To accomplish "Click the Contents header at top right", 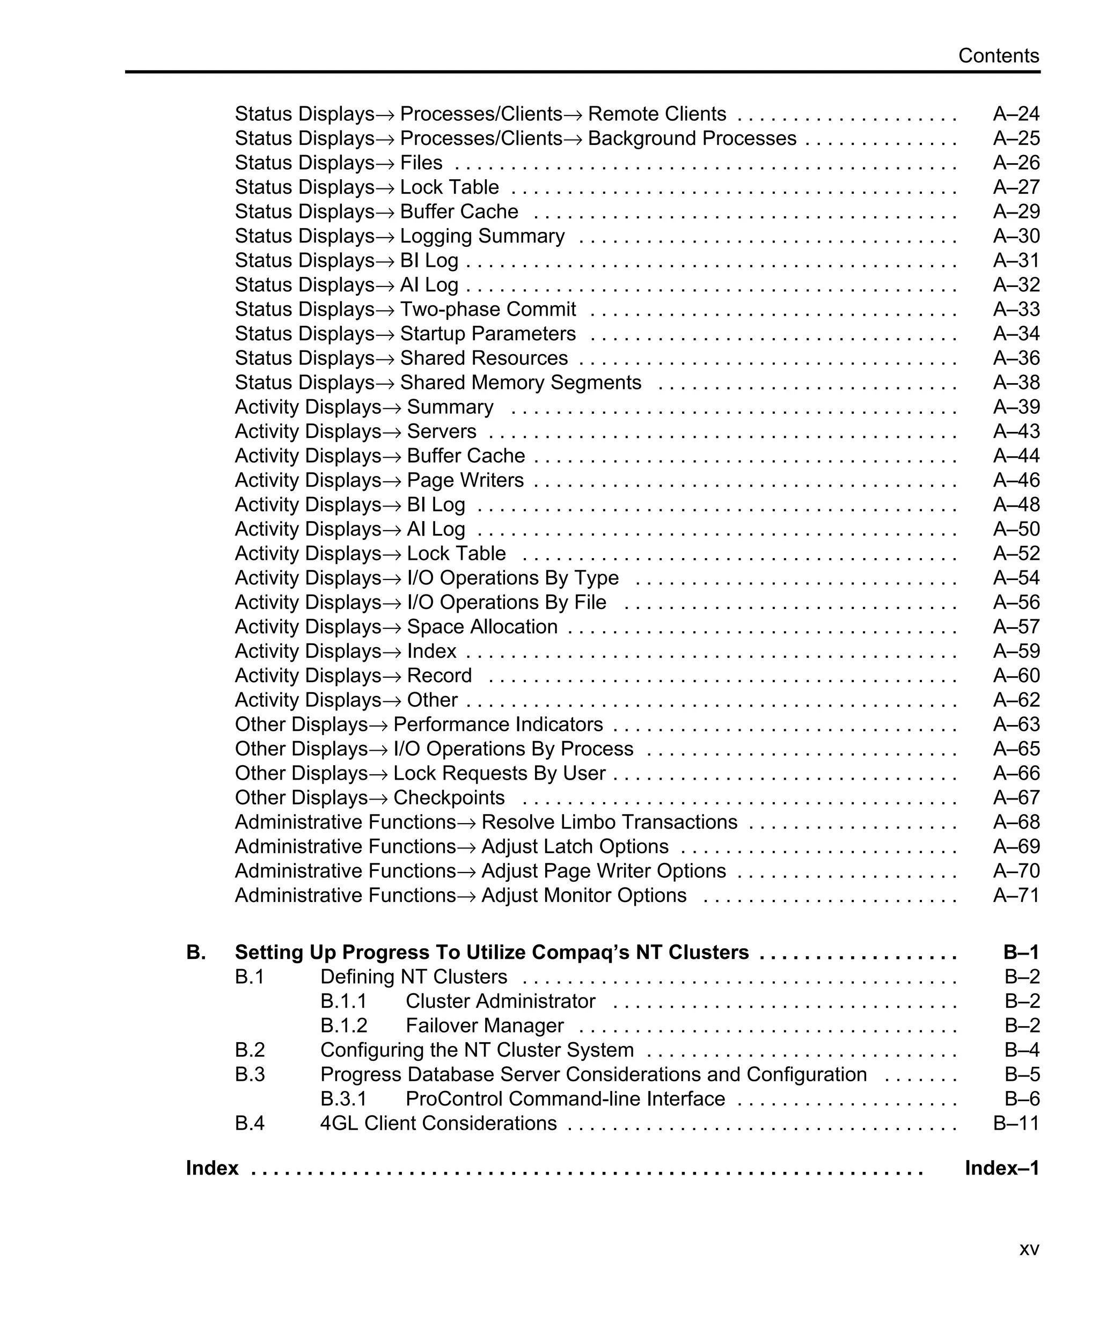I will coord(998,56).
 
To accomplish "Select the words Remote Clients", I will coord(656,114).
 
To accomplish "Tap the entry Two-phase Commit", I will coord(487,309).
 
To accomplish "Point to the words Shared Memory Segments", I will coord(520,383).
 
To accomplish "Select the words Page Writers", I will coord(465,480).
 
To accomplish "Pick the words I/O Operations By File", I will coord(506,602).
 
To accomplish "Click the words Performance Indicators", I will coord(497,724).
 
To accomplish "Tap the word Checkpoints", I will coord(449,798).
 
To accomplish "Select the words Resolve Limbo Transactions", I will coord(609,822).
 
